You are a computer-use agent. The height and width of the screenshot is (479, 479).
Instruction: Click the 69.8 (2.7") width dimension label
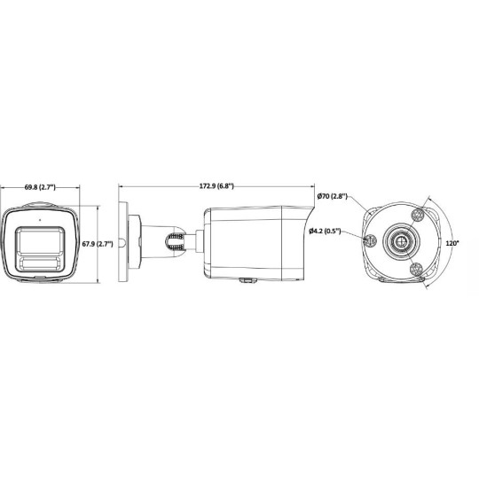tap(40, 187)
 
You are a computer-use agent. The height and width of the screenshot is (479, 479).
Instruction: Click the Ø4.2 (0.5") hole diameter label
tap(326, 232)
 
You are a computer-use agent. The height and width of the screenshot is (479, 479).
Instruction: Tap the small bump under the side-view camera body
tap(243, 281)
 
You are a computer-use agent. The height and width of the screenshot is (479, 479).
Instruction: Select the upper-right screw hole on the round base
tap(417, 213)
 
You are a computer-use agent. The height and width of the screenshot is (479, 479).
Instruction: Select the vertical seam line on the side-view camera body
tap(283, 239)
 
